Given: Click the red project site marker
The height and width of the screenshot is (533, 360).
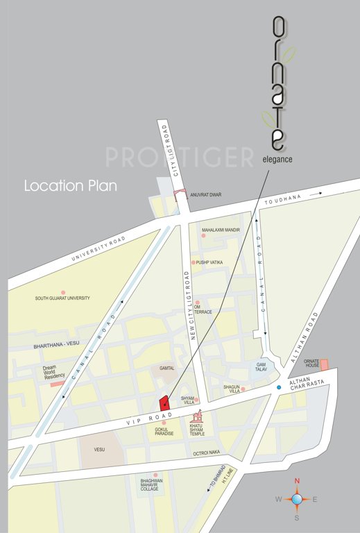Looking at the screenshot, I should [164, 403].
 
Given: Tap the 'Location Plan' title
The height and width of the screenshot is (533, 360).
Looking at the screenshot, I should [70, 187].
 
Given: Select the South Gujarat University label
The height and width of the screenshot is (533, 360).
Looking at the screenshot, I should [62, 298].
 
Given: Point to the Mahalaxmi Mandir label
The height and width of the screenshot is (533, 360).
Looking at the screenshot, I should [221, 230].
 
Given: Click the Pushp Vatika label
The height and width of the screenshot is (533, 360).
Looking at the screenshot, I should [209, 262].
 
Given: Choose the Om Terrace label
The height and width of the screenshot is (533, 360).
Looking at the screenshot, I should [203, 309].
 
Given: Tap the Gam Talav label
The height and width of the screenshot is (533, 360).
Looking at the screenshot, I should [262, 367].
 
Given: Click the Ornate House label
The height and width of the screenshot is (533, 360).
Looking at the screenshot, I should [311, 364].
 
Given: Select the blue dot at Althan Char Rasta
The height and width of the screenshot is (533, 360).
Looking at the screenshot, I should [279, 387].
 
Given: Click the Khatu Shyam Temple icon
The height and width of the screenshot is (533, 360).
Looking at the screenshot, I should [198, 418].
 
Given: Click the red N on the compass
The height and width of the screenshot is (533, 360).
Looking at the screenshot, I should [297, 481].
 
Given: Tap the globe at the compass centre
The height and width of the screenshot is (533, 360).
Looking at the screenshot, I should [297, 499].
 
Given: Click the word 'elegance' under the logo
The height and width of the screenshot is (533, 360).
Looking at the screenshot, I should [278, 159].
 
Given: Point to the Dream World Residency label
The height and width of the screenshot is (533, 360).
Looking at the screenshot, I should [53, 372].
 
